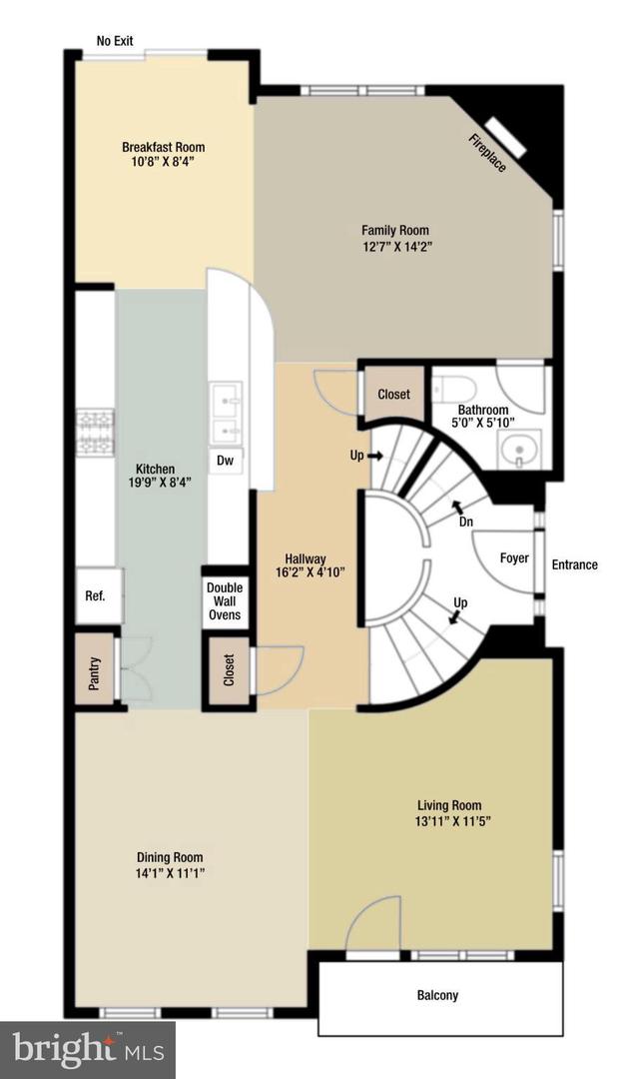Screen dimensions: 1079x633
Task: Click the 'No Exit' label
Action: tap(115, 41)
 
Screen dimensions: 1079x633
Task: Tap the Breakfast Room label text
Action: tap(164, 147)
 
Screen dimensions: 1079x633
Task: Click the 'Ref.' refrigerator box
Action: tap(97, 596)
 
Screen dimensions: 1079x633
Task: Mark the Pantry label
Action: tap(94, 672)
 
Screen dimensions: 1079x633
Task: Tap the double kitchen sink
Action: tap(227, 415)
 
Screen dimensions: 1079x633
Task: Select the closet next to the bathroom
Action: tap(394, 394)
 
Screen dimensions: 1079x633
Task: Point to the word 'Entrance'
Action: tap(575, 564)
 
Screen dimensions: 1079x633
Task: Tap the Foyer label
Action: tap(514, 558)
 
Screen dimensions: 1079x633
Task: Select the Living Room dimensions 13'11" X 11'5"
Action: tap(449, 821)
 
